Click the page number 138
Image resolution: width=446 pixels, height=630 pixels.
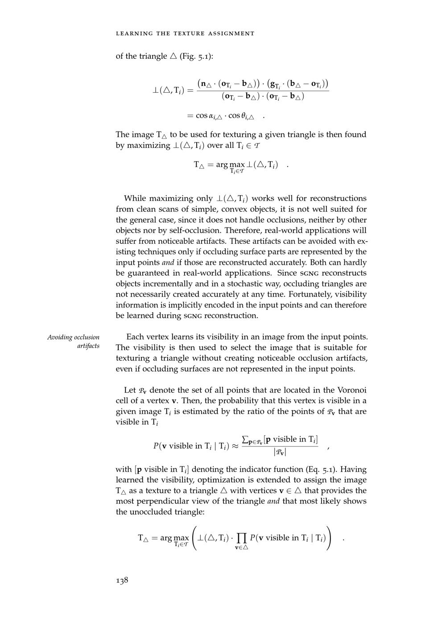coord(122,580)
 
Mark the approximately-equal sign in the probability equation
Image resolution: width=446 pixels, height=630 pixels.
coord(234,446)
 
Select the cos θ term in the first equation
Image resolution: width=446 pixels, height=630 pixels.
coord(241,116)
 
